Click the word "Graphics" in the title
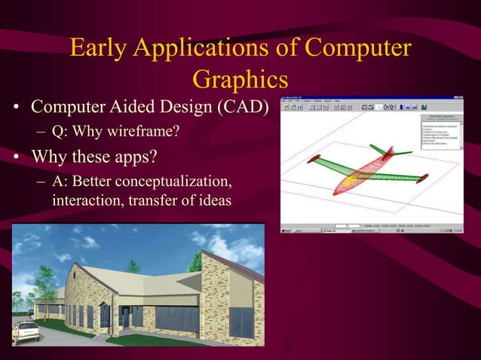[240, 79]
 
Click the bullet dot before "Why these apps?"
[16, 159]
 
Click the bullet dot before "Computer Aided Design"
[16, 110]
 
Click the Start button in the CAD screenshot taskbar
[287, 230]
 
